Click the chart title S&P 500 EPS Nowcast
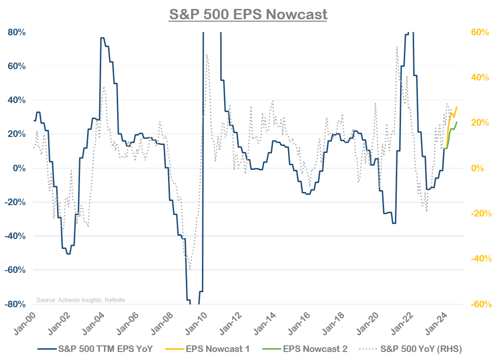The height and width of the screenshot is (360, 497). point(248,14)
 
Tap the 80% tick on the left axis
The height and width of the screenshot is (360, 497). point(17,32)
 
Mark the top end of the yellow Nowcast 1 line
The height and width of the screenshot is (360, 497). point(457,107)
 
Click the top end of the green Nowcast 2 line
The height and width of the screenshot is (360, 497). point(457,122)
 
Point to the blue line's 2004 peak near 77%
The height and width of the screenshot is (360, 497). point(102,38)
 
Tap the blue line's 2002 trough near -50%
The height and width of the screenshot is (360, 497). point(68,254)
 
